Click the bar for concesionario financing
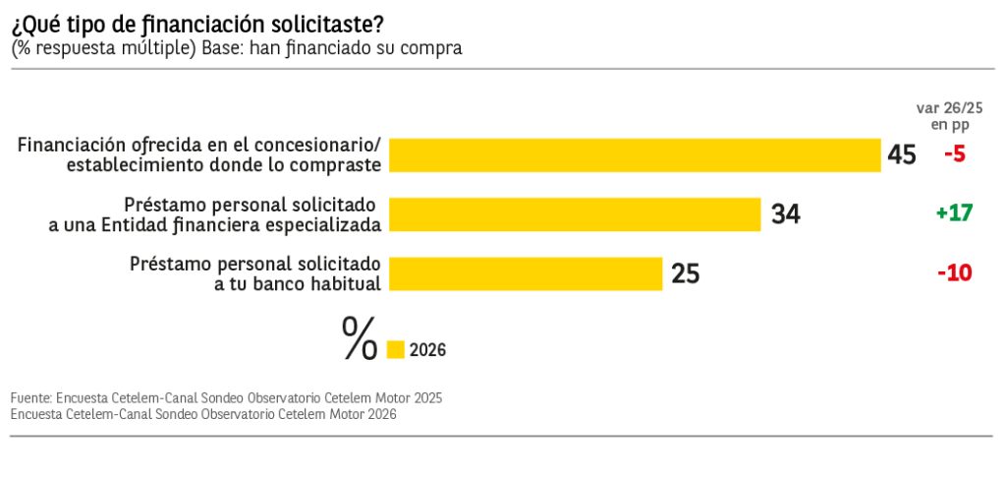tap(634, 154)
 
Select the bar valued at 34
tap(575, 214)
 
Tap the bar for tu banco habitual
tap(526, 273)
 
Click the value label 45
tap(901, 155)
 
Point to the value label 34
tap(785, 214)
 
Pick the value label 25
tap(685, 273)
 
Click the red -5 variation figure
tap(955, 154)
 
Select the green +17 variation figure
tap(953, 213)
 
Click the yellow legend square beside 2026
tap(396, 349)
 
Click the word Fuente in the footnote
tap(30, 398)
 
